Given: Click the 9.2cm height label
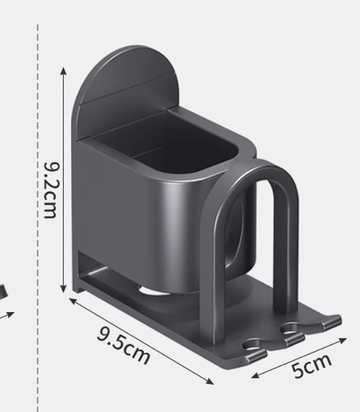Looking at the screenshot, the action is tap(50, 191).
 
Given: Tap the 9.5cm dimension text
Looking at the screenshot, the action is tap(123, 345).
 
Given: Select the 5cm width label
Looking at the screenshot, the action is tap(312, 366).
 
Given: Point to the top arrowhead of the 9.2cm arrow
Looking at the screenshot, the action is tap(63, 70).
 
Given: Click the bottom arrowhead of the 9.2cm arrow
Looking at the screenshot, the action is tap(63, 289).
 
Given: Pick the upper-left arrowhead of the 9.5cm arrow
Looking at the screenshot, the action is tap(73, 300).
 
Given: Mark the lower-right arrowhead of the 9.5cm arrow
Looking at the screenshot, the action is tap(210, 382).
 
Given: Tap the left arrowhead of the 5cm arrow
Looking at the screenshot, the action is tap(255, 376).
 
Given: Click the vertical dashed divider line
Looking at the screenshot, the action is tap(38, 218).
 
